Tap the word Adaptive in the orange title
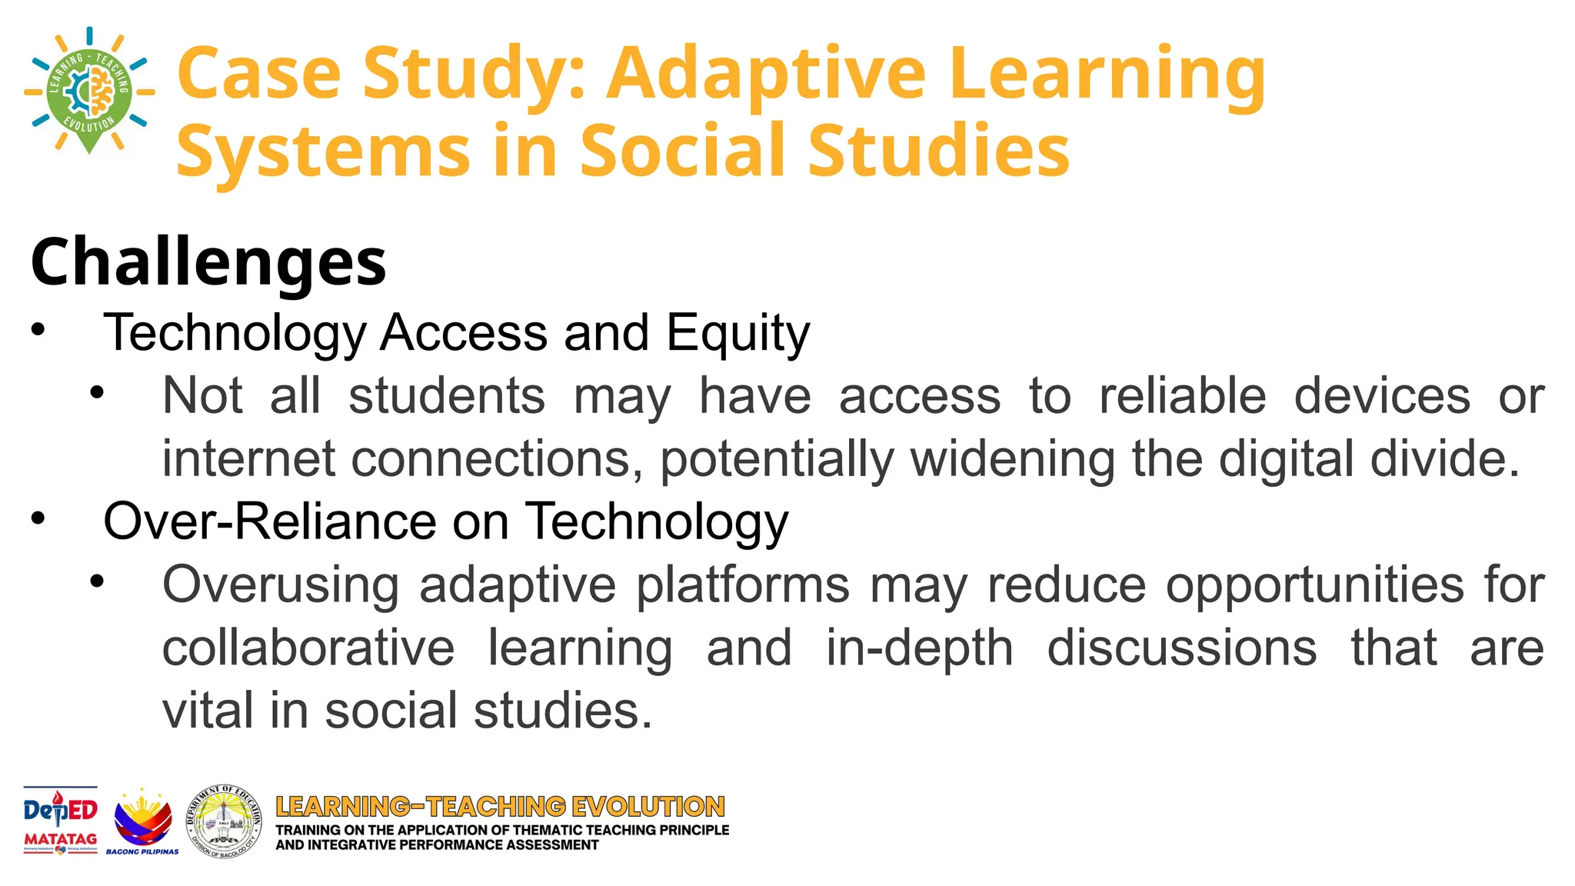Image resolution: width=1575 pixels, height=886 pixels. click(765, 75)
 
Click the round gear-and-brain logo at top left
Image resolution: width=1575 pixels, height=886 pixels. click(89, 91)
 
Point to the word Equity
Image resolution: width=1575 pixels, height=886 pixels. click(738, 333)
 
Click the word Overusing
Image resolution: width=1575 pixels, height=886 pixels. click(281, 585)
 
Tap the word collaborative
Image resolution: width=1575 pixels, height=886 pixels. click(308, 648)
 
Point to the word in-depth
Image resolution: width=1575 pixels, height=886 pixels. click(919, 648)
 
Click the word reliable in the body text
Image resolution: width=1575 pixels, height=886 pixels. click(1182, 397)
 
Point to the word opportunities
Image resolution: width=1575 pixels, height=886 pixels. click(1314, 585)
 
